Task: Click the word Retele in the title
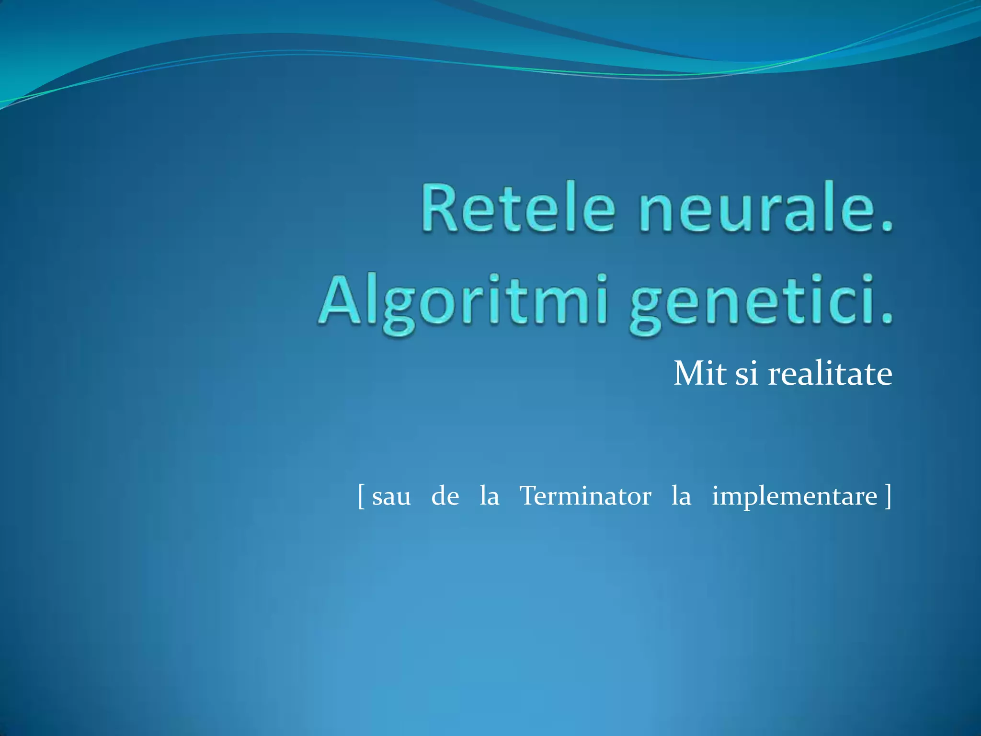517,208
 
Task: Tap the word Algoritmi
462,302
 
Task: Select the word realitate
830,373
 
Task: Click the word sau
391,496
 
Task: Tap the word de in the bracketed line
445,496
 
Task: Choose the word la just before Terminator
489,496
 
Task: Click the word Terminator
585,496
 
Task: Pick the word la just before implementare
681,496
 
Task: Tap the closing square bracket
888,496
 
